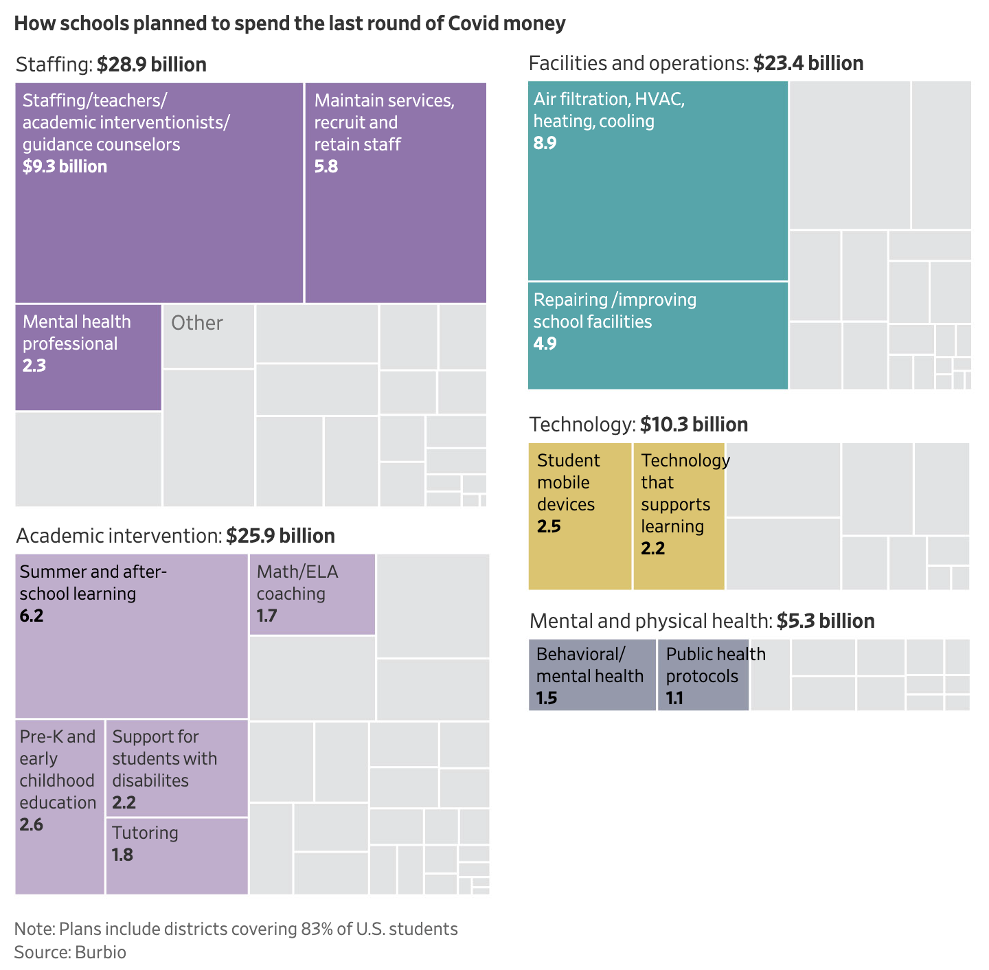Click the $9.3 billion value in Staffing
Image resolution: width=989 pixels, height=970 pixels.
tap(65, 167)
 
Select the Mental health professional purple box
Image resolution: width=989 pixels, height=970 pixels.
tap(89, 357)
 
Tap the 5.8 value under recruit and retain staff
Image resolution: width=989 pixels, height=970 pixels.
tap(326, 167)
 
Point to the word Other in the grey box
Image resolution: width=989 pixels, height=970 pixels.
tap(197, 323)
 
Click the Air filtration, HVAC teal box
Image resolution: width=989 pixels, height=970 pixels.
tap(658, 181)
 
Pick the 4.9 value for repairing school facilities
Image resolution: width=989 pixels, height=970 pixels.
tap(545, 343)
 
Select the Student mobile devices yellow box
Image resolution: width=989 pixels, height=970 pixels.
tap(580, 516)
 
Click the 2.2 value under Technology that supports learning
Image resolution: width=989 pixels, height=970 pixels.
tap(652, 548)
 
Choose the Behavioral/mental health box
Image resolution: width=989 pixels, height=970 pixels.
tap(592, 675)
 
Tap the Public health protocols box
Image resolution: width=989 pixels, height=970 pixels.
tap(703, 675)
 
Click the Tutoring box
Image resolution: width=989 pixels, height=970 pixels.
tap(177, 856)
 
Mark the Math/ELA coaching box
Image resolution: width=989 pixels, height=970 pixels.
tap(312, 594)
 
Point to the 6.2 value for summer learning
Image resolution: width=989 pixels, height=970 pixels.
tap(32, 616)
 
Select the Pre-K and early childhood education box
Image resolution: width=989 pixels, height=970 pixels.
tap(60, 807)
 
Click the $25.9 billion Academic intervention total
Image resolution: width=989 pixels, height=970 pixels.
tap(280, 536)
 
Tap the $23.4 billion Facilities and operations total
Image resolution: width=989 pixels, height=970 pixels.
tap(808, 63)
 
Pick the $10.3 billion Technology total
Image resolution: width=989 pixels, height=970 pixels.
tap(694, 425)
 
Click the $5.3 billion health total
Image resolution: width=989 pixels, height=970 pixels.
tap(826, 621)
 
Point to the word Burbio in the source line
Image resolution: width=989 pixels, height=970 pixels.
tap(101, 952)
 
